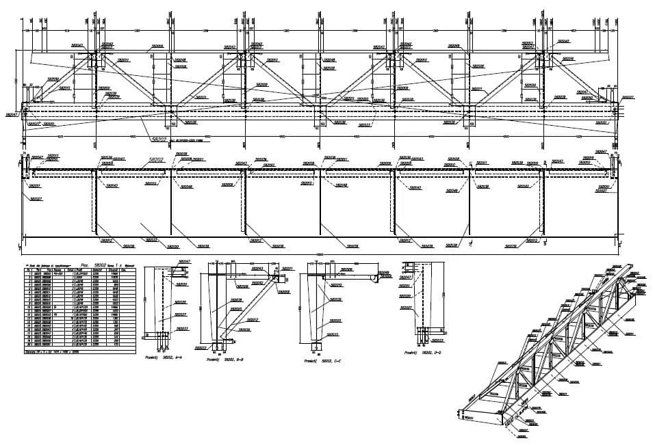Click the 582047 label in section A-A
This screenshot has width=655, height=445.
click(x=184, y=261)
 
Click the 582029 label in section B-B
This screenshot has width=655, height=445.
click(x=236, y=299)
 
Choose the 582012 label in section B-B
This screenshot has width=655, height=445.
click(x=252, y=319)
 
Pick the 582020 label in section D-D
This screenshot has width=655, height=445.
click(x=405, y=296)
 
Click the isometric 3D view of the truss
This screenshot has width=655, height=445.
click(x=554, y=342)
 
